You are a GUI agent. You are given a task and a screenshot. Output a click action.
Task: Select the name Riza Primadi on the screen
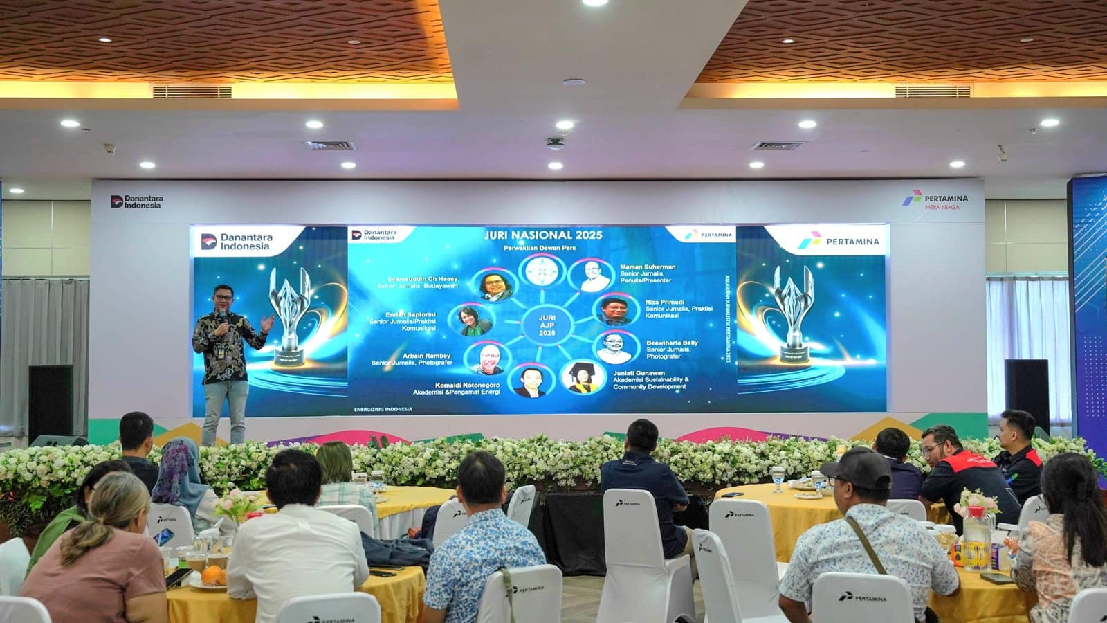click(664, 303)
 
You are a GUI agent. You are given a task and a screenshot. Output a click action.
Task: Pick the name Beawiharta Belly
click(672, 343)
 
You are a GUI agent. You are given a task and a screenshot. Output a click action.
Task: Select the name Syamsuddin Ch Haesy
click(417, 279)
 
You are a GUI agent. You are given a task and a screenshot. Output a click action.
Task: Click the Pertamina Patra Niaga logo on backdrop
click(935, 201)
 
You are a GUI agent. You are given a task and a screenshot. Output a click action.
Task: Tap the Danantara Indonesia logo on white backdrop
click(137, 201)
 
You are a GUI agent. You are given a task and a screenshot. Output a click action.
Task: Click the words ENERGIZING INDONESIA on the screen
click(382, 409)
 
